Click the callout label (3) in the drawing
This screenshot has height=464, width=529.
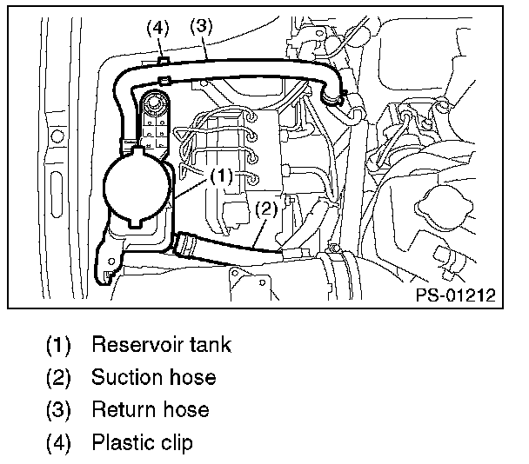pos(201,27)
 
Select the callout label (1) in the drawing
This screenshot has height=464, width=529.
pos(222,175)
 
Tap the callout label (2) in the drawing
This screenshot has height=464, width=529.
pos(266,209)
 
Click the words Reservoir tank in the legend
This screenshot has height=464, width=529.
pos(161,345)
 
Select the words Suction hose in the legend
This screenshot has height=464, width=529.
pos(153,377)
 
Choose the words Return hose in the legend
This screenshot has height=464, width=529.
pos(151,409)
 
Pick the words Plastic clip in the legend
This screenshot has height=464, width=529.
pos(142,441)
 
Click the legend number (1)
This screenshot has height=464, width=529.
pos(57,345)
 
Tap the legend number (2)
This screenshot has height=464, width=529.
pos(57,377)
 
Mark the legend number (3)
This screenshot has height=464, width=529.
pos(57,409)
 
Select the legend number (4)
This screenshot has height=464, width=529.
pos(57,441)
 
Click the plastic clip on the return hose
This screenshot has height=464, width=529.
pos(164,62)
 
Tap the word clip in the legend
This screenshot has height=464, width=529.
pos(176,441)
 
